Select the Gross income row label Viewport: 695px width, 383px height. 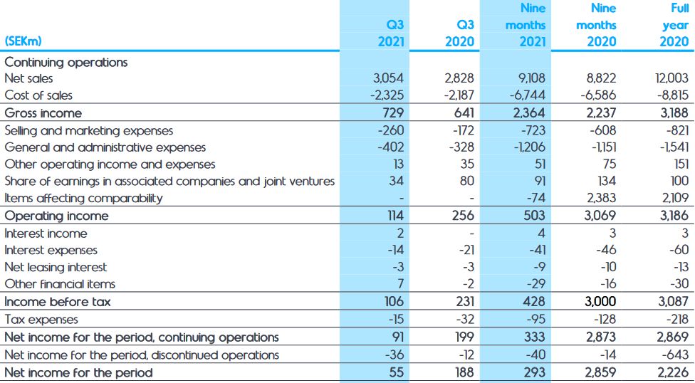tap(43, 113)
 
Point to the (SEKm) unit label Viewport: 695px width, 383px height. tap(23, 41)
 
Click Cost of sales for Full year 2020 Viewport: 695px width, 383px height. tap(673, 95)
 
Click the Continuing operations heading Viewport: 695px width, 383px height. tap(66, 62)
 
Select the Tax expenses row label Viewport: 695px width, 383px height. tap(41, 320)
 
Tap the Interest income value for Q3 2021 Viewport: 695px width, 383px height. tap(399, 234)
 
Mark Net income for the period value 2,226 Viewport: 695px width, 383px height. tap(672, 372)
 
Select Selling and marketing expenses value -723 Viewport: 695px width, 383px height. tap(531, 130)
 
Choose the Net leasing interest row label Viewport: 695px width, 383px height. tap(56, 267)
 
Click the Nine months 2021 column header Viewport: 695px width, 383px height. tap(526, 25)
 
